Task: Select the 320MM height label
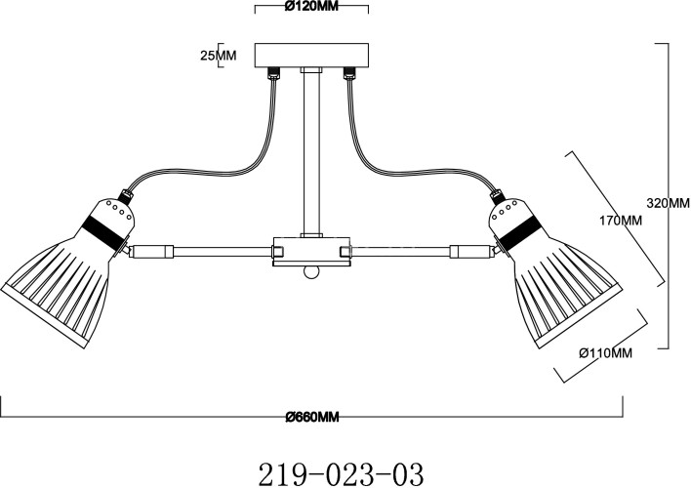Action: [668, 203]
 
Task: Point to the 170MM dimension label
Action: [620, 220]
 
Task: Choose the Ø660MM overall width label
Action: [311, 418]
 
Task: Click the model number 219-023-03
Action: [341, 473]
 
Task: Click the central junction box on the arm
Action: [311, 251]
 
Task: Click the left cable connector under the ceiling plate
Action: [274, 73]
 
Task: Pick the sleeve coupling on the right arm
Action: [470, 251]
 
